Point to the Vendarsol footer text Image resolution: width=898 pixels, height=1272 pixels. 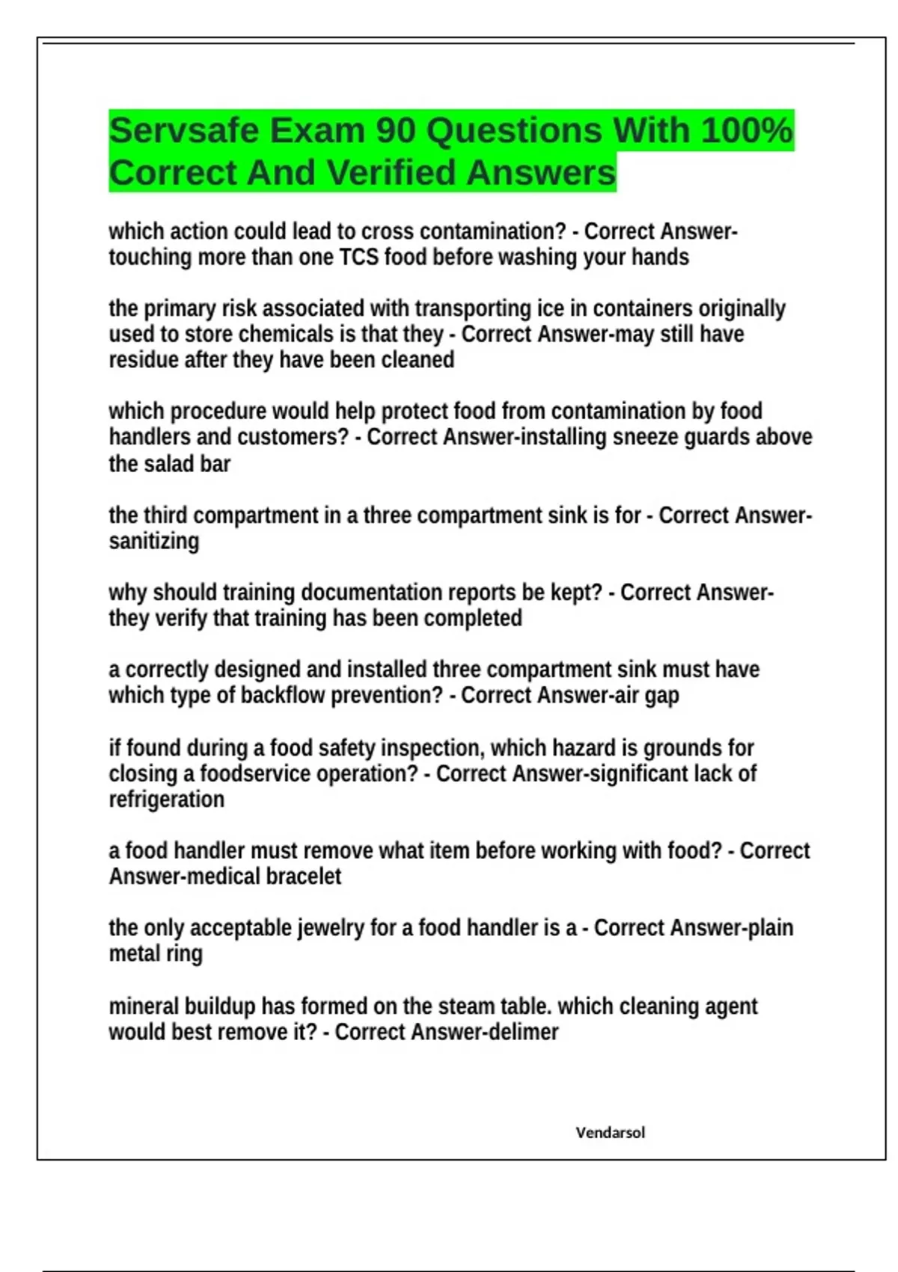(610, 1133)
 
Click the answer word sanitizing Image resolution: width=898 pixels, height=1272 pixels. (154, 541)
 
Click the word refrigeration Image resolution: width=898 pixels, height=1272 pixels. (166, 799)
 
